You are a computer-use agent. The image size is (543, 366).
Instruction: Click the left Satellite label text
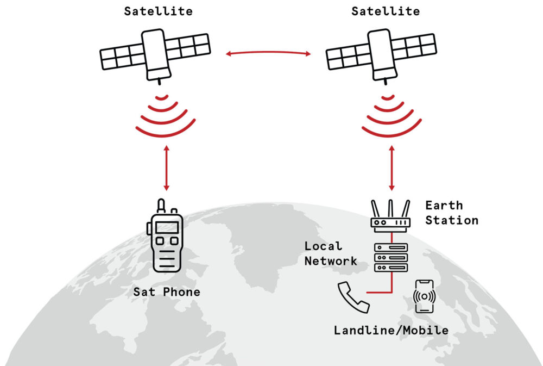pos(158,11)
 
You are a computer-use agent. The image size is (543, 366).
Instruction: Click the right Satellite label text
pos(386,11)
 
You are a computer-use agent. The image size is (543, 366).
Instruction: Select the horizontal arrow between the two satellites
pos(269,53)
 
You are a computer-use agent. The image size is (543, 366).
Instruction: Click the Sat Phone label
pos(167,292)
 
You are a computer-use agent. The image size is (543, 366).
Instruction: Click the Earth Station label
pos(451,213)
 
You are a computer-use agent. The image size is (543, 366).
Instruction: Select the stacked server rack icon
pos(391,257)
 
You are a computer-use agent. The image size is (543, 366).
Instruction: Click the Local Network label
pos(330,253)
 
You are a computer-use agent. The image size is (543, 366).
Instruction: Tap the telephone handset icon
pos(352,297)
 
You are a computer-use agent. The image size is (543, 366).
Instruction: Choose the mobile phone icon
pos(425,296)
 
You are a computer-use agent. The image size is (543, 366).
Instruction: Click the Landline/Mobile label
pos(391,330)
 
